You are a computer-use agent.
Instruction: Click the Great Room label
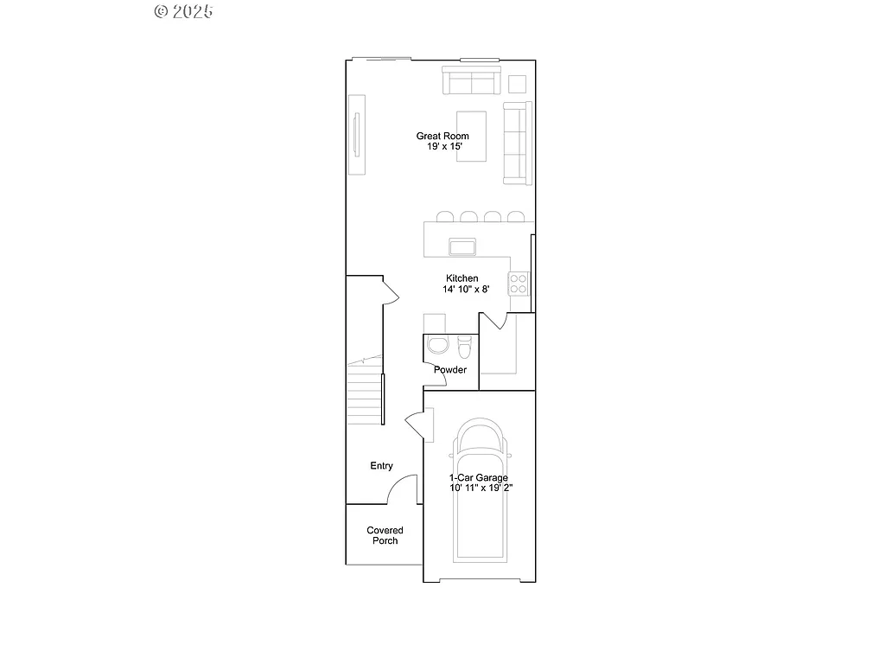pyautogui.click(x=442, y=136)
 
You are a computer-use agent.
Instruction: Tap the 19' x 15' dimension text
pyautogui.click(x=444, y=147)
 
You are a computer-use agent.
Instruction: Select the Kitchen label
pyautogui.click(x=462, y=278)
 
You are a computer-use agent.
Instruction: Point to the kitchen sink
pyautogui.click(x=462, y=246)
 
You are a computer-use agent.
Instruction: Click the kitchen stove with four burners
pyautogui.click(x=519, y=283)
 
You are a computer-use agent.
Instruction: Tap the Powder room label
pyautogui.click(x=450, y=370)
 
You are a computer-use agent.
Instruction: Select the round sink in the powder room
pyautogui.click(x=438, y=346)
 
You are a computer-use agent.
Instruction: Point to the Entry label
pyautogui.click(x=381, y=466)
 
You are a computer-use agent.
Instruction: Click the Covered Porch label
pyautogui.click(x=385, y=535)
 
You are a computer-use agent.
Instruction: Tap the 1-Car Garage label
pyautogui.click(x=478, y=477)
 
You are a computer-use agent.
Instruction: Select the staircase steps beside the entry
pyautogui.click(x=365, y=393)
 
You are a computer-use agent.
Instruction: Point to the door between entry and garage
pyautogui.click(x=418, y=426)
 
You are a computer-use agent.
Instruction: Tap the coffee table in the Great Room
pyautogui.click(x=472, y=135)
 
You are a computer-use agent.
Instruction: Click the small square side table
pyautogui.click(x=517, y=83)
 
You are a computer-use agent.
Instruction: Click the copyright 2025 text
pyautogui.click(x=183, y=11)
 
